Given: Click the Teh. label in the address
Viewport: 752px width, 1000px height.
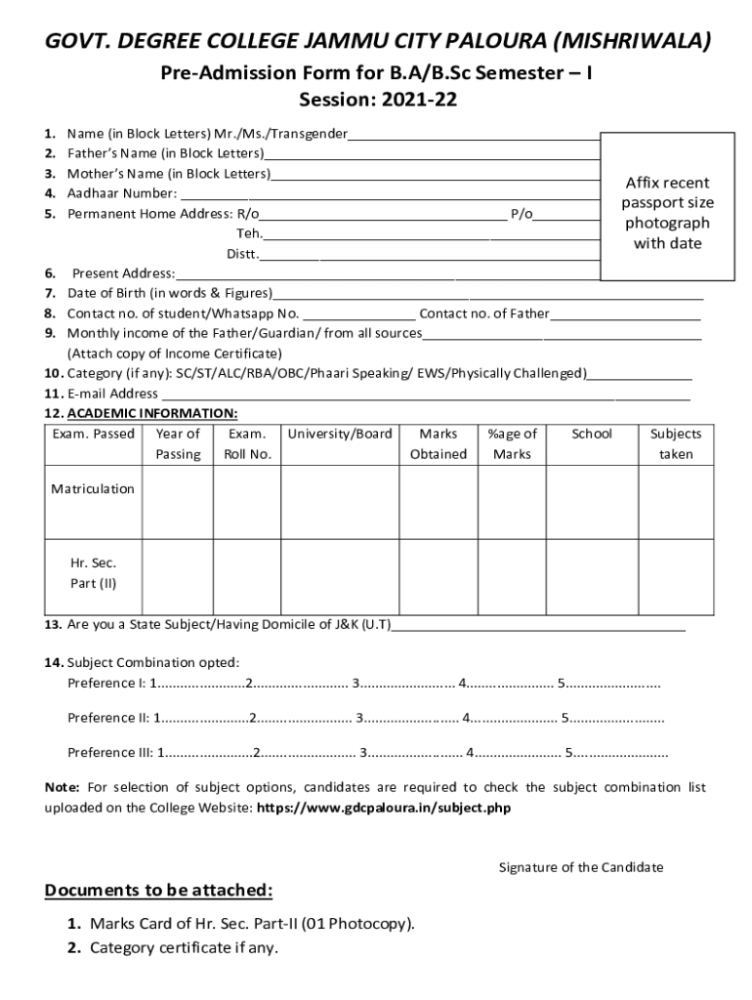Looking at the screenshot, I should [248, 233].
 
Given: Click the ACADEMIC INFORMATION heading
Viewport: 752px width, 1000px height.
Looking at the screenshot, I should [151, 413].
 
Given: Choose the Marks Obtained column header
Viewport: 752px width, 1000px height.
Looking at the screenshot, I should [438, 443].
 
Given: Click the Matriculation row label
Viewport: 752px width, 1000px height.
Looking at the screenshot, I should [93, 489].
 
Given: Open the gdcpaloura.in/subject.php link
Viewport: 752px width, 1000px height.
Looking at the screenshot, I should [383, 808].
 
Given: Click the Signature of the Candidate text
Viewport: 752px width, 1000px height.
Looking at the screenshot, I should [580, 867].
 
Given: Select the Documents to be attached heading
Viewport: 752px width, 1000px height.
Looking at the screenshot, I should [158, 891].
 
